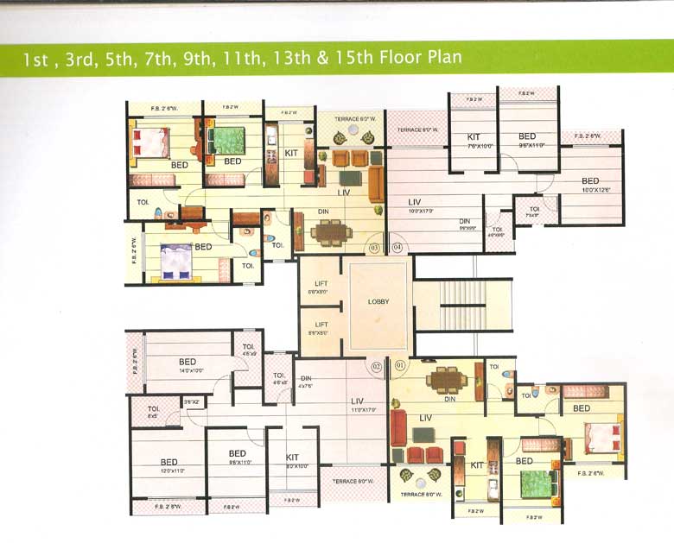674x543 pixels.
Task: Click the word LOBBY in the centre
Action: pos(378,302)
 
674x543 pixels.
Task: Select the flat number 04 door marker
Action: pos(397,248)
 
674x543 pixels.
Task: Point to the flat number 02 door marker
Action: pos(376,366)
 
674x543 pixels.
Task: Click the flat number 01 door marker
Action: pos(398,366)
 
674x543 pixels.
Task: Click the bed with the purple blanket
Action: pos(177,260)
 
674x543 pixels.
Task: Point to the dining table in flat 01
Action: pos(447,379)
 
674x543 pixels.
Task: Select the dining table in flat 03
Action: pos(330,231)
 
